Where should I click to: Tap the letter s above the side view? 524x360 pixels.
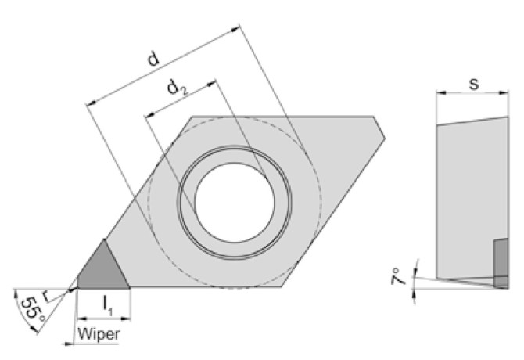[474, 82]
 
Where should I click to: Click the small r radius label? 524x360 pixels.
[47, 296]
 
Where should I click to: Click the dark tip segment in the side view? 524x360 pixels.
[501, 264]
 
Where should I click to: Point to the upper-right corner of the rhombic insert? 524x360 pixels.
[375, 117]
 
